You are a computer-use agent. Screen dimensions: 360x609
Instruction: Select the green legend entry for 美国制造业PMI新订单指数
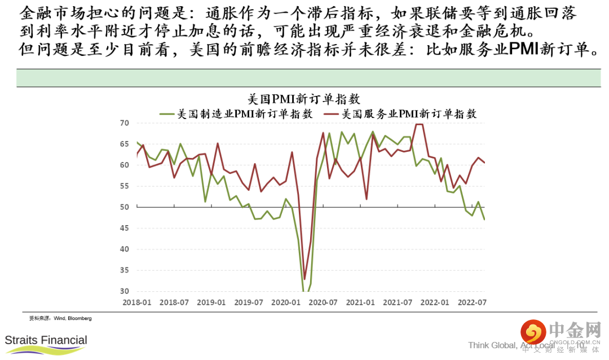tap(237, 113)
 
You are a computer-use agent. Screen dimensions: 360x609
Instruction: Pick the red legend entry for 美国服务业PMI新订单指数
tap(401, 113)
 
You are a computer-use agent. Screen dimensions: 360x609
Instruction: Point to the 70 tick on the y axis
tap(125, 123)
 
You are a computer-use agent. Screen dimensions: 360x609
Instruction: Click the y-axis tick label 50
tap(125, 207)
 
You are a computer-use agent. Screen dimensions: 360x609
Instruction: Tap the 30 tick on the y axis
tap(125, 291)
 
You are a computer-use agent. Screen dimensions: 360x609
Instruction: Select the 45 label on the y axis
tap(125, 228)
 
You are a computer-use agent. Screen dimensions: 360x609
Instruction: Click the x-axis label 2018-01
tap(137, 302)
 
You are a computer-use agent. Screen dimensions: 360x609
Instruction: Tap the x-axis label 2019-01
tap(211, 302)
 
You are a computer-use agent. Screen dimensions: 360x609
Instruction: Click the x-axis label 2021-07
tap(398, 302)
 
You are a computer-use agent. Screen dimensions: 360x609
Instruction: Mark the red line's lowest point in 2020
tap(304, 279)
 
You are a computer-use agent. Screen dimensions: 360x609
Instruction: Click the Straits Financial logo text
tap(46, 340)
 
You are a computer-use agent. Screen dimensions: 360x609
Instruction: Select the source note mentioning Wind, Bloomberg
tap(60, 318)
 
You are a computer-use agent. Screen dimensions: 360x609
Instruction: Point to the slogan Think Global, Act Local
tap(511, 345)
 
